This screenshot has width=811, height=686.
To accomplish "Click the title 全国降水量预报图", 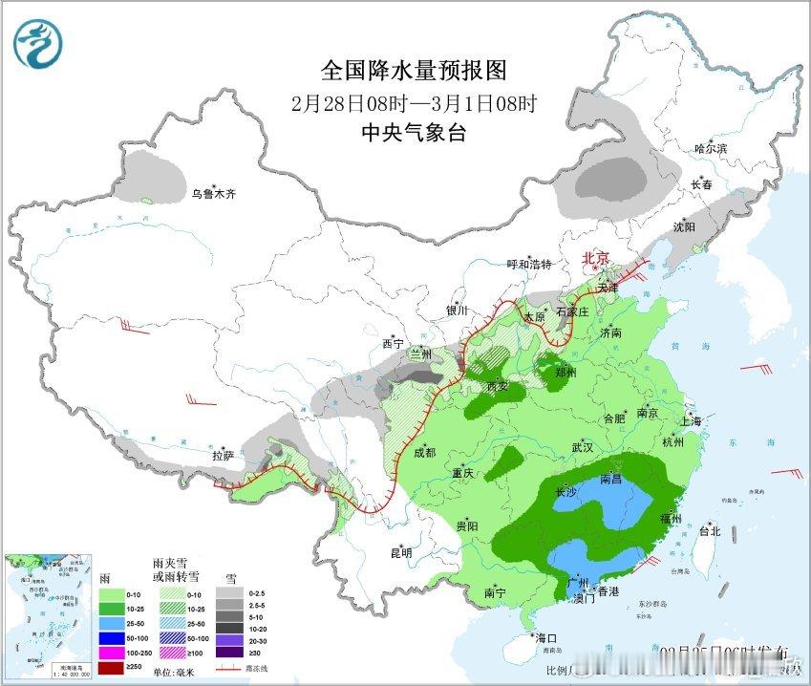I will tap(413, 70).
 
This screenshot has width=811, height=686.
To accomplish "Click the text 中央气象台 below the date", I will tap(413, 133).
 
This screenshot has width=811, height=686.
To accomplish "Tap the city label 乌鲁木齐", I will tap(211, 194).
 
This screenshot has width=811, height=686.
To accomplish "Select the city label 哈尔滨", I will tap(711, 148).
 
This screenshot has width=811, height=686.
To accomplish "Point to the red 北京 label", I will tap(595, 258).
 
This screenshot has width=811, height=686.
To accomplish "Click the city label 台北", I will tap(710, 530).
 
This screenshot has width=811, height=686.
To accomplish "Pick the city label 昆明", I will tap(400, 552).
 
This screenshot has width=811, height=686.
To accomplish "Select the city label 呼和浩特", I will tap(529, 265).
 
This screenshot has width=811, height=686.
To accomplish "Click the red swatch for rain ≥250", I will tap(113, 667).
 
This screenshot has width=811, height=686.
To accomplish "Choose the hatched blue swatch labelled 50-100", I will tap(171, 636).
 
